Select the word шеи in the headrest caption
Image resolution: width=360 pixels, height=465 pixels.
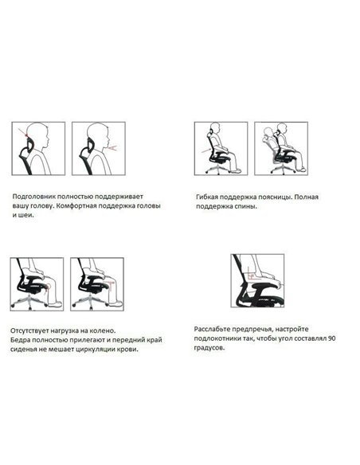pyautogui.click(x=25, y=216)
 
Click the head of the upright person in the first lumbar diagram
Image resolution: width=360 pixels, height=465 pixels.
pyautogui.click(x=215, y=129)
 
